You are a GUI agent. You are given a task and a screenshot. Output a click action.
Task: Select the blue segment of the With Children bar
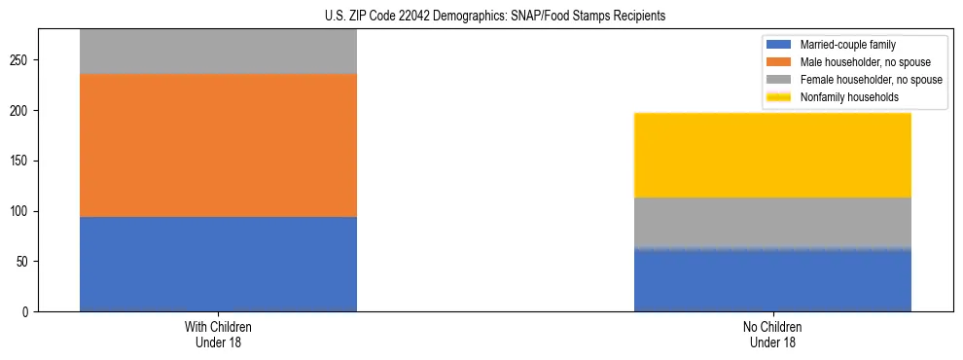(218, 264)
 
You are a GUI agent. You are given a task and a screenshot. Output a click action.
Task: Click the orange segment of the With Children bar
(218, 145)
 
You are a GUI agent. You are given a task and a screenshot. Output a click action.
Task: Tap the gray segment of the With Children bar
(218, 52)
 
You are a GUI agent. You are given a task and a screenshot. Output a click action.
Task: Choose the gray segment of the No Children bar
(772, 223)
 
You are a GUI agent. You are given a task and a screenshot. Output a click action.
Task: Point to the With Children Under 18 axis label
(218, 335)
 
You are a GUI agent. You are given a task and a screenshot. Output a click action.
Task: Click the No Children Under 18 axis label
(772, 335)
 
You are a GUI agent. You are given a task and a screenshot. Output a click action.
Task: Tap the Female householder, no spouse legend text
(872, 80)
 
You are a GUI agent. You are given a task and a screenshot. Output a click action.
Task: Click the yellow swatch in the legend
(779, 97)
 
